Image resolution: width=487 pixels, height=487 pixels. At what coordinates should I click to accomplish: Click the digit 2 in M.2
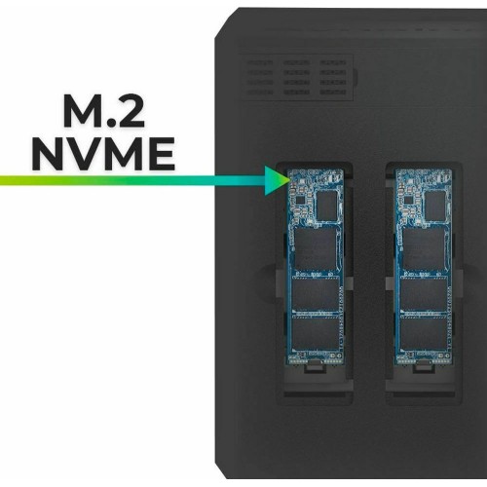128,111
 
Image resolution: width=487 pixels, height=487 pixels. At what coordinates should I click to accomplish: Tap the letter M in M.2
81,111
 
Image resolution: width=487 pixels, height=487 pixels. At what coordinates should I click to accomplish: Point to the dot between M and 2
105,124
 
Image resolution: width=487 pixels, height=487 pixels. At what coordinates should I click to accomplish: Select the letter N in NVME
48,154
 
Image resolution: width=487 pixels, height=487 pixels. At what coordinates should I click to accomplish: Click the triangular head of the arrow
277,180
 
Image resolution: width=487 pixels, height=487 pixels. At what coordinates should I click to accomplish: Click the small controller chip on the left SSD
326,206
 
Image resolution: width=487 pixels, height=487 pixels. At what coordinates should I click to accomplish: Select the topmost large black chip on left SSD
315,249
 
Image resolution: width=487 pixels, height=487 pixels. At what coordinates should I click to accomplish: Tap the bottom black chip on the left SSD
316,334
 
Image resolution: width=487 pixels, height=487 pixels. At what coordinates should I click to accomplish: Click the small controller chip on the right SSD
434,206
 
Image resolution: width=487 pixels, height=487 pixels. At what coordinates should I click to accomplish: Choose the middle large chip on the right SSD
424,294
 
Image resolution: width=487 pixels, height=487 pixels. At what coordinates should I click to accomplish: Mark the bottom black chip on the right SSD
424,334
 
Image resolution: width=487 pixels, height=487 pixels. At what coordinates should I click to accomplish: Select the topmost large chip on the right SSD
423,249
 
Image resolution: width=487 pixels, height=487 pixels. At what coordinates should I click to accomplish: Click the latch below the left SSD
315,367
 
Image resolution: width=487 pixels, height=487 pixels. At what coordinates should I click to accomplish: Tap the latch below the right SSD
423,367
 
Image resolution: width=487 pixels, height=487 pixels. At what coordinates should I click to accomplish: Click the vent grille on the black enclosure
297,77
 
